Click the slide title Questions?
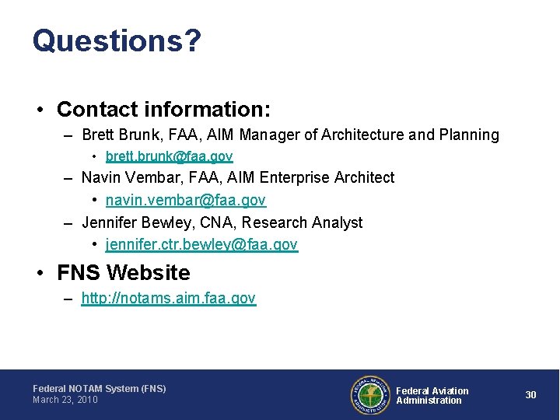tap(117, 40)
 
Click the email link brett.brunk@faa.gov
tap(169, 156)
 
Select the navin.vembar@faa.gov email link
tap(186, 201)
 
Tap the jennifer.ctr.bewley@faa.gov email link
tap(201, 245)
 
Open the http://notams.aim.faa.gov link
tap(168, 299)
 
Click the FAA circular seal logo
tap(369, 395)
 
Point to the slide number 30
tap(530, 395)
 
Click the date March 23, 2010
tap(65, 400)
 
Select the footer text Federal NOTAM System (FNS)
tap(99, 388)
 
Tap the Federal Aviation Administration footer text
tap(432, 396)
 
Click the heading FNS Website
tap(123, 273)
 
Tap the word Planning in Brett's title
tap(469, 135)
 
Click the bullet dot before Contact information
tap(40, 110)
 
